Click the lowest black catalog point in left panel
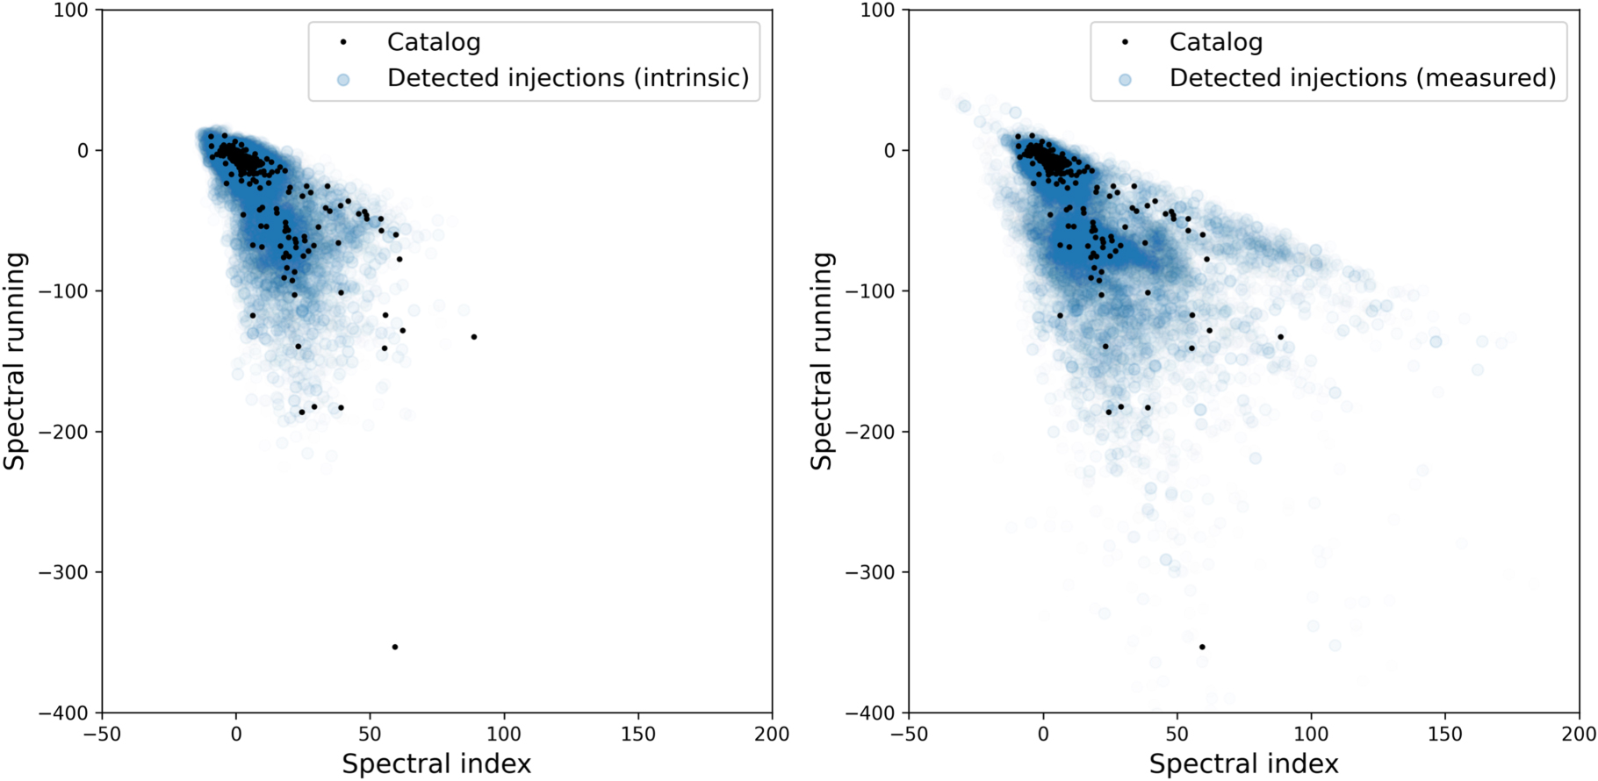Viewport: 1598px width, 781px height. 395,647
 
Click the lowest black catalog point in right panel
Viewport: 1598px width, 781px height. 1202,647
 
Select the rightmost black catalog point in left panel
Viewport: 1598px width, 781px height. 474,337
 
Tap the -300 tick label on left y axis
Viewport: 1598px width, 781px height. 64,572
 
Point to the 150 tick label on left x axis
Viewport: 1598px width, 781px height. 637,734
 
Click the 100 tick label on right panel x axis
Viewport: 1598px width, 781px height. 1311,734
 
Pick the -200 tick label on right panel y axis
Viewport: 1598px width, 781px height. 871,432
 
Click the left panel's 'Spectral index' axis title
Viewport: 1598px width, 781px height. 436,763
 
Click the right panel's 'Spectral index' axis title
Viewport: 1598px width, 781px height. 1243,763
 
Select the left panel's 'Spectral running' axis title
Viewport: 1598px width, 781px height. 16,361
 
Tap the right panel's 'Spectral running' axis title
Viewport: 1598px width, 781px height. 822,361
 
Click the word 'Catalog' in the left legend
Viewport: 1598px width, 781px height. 434,42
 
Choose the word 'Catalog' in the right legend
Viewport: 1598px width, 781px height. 1216,42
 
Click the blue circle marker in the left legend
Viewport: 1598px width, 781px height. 343,79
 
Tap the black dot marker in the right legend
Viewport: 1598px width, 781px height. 1125,42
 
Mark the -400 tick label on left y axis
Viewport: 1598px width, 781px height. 64,713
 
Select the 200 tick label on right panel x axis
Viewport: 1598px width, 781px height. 1578,734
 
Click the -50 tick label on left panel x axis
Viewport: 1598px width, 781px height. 102,734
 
